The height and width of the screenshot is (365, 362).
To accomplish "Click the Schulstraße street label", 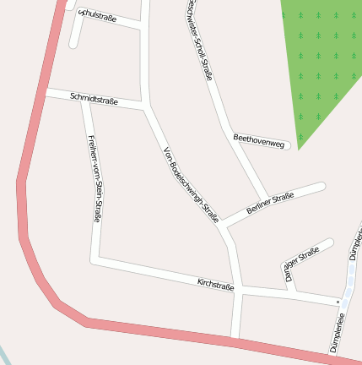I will [96, 15].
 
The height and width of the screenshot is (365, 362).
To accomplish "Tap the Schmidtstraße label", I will [94, 98].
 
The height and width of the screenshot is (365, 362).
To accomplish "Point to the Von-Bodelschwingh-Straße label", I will [191, 185].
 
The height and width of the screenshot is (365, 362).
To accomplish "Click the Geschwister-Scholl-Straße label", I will [199, 39].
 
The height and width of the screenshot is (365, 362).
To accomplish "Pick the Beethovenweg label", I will [258, 140].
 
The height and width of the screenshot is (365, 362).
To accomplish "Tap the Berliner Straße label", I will [270, 203].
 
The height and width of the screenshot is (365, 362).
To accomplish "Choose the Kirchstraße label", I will [215, 285].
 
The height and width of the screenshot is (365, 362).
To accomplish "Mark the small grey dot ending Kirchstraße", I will [338, 302].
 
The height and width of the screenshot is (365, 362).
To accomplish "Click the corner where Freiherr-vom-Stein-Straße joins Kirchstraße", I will [100, 259].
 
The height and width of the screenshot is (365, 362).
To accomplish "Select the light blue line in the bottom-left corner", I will [7, 355].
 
